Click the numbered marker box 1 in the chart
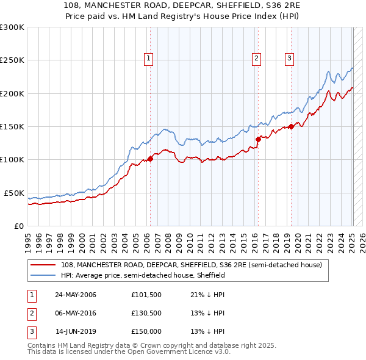[x=149, y=59]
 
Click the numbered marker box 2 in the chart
[x=256, y=59]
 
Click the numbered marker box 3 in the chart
[x=289, y=59]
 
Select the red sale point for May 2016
[x=258, y=139]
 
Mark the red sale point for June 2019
[x=292, y=126]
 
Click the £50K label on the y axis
[x=15, y=193]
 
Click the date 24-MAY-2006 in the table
[x=75, y=295]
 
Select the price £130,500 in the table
[x=147, y=314]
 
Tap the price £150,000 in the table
[x=147, y=332]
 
